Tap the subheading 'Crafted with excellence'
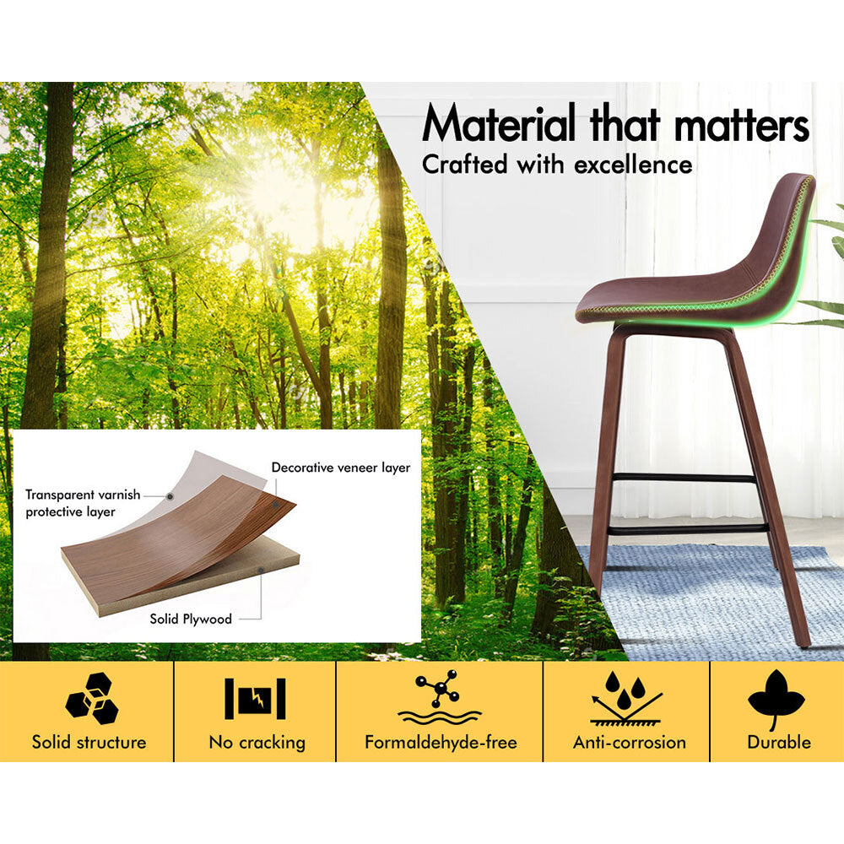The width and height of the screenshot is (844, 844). pos(557,165)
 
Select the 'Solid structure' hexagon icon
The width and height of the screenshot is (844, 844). pos(91,698)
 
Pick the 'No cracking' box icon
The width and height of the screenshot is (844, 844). pos(255,699)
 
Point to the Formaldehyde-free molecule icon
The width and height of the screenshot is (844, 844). pos(440,698)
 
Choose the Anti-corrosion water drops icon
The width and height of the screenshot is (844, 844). pos(626,697)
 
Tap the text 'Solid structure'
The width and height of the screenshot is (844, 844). pos(89,742)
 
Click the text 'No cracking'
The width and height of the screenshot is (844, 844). pos(257,742)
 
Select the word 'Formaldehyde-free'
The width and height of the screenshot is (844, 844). pos(441,742)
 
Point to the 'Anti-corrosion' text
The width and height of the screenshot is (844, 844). pos(630,742)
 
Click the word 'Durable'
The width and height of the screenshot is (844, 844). pos(779,742)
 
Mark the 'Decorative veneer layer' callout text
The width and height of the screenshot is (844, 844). pos(341,468)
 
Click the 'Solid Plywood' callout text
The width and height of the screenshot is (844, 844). pos(191,619)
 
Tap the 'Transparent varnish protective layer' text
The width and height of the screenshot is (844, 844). pos(83,503)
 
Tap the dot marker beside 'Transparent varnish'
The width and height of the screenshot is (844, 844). pos(170,496)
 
